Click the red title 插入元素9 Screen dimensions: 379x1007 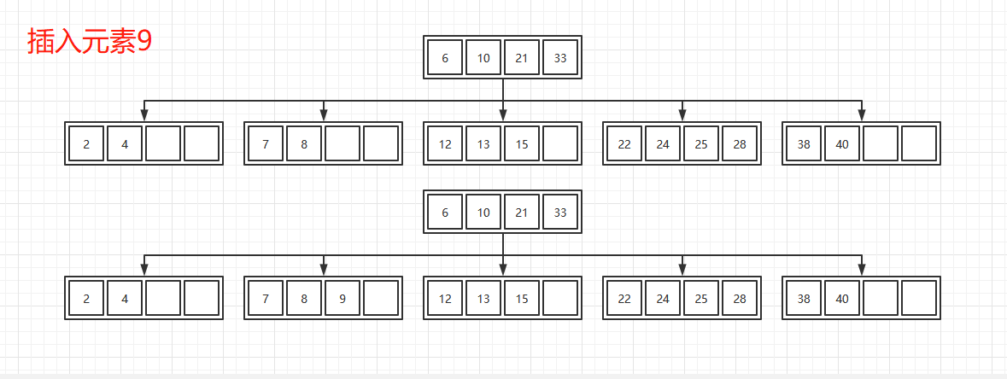[89, 41]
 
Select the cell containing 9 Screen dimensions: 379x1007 [342, 298]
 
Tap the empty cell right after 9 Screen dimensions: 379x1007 [381, 298]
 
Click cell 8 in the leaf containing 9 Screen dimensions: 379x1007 [304, 298]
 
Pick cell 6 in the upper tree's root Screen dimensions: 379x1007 [445, 58]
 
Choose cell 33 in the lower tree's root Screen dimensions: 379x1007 [560, 213]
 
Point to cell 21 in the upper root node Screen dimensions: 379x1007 [522, 58]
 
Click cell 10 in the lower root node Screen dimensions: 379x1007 [483, 213]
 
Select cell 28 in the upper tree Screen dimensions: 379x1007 [740, 143]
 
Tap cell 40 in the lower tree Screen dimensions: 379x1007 [842, 298]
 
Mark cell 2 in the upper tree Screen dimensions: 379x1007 [86, 143]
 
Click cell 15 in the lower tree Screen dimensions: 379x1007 [522, 298]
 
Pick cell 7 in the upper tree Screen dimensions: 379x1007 [266, 143]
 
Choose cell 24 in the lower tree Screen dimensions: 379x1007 [663, 298]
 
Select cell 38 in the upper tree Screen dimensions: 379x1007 [804, 143]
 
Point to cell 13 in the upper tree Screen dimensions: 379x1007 [483, 143]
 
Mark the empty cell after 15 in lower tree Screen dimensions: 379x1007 [560, 298]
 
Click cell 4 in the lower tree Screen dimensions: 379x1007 [125, 298]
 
